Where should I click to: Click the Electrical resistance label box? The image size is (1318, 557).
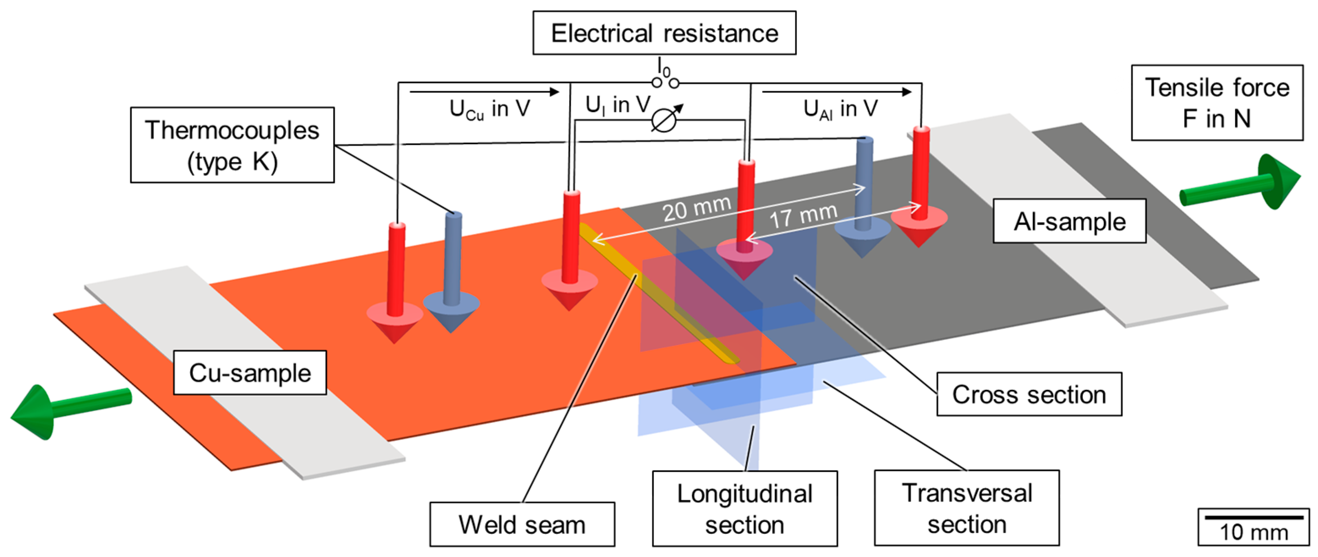click(x=664, y=33)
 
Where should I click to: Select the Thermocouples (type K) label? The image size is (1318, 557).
click(x=232, y=146)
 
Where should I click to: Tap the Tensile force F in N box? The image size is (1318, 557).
click(x=1216, y=103)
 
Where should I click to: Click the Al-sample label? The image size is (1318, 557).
click(x=1069, y=221)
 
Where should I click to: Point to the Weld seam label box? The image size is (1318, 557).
click(x=522, y=524)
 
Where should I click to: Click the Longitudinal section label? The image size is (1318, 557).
click(x=744, y=509)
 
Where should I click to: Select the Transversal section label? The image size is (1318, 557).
click(x=967, y=508)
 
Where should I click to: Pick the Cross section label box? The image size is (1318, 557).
click(x=1029, y=394)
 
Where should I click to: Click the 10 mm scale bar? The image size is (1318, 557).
click(x=1254, y=518)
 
